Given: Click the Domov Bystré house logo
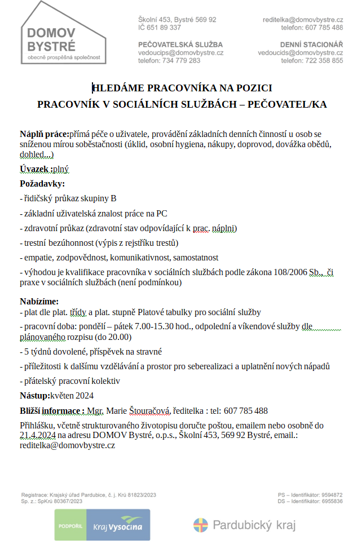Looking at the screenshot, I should coord(63,32).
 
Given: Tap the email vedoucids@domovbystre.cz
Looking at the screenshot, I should coord(301,52).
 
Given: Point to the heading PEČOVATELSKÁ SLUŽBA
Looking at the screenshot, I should coord(180,44).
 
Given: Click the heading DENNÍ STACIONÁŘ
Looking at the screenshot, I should coord(311,44).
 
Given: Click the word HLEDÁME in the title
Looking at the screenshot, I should coord(118,87).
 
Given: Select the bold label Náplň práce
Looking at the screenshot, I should coord(44,134).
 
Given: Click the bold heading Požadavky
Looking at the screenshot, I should coord(42,184).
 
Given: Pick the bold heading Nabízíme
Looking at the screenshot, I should coord(39,302).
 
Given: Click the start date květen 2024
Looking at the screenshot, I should coord(72,395).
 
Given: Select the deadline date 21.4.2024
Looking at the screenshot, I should coord(37,435).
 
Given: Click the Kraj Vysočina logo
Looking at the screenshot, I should coord(102,525).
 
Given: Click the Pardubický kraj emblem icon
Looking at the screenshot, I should coord(200,525).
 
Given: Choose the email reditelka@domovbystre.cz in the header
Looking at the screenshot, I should coord(303,19).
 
